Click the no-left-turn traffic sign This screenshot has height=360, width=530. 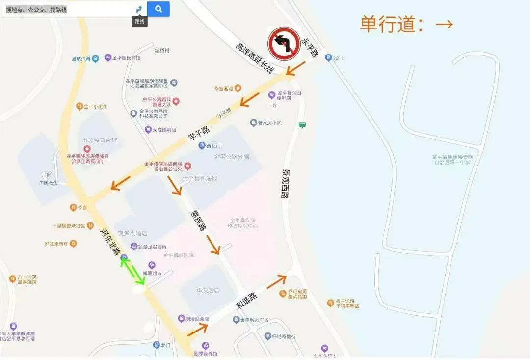(284, 44)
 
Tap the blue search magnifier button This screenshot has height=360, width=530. (158, 9)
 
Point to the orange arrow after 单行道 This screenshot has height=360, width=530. (444, 24)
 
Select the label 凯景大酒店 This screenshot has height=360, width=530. (132, 233)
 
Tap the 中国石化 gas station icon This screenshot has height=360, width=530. (48, 175)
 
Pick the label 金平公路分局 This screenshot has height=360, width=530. (232, 157)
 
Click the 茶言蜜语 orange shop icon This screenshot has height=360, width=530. (238, 88)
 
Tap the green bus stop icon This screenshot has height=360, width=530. (302, 125)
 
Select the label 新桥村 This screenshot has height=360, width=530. (161, 51)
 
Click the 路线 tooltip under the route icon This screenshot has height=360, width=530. (140, 21)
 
